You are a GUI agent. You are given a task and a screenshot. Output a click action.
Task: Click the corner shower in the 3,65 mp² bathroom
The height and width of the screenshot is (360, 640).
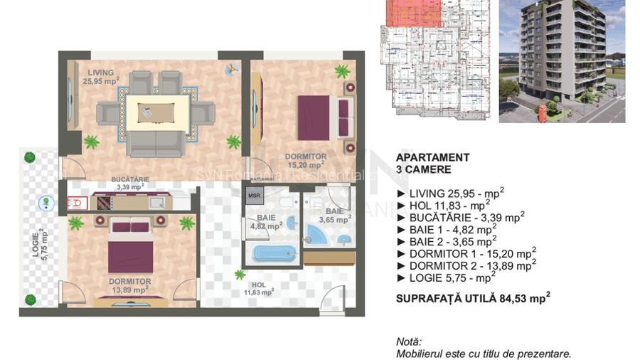click(316, 234)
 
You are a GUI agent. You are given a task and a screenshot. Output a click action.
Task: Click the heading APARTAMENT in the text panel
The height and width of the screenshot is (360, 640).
click(432, 157)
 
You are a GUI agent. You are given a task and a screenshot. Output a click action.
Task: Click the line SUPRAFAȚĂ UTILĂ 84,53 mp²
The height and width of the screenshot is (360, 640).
click(473, 299)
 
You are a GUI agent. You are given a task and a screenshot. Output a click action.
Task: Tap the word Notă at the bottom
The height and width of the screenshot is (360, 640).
click(409, 342)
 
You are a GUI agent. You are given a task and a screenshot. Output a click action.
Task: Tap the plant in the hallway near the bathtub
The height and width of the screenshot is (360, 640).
click(240, 274)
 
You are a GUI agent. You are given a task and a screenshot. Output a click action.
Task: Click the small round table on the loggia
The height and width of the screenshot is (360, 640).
click(45, 202)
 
